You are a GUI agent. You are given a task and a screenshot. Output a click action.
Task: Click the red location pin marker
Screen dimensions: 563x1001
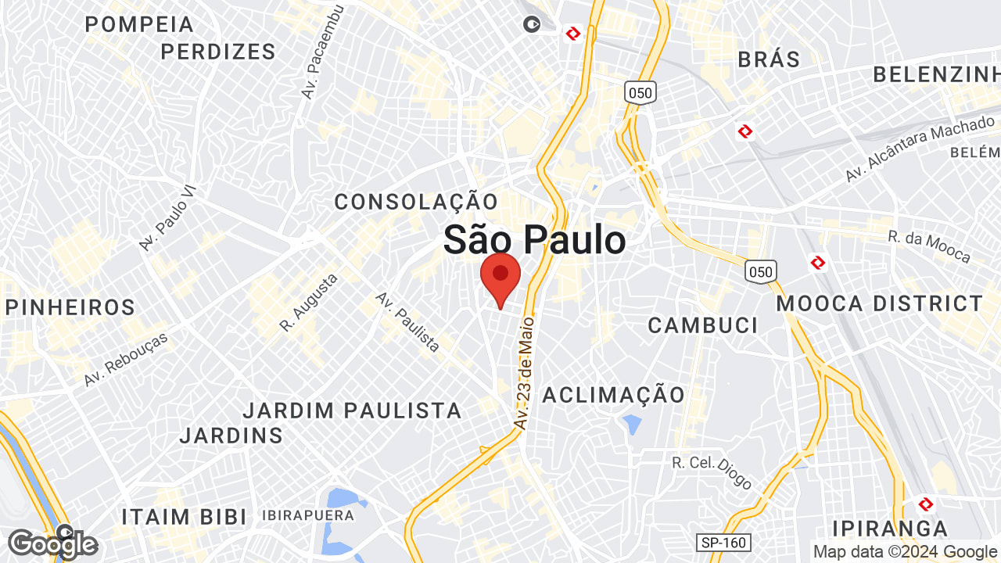point(500,277)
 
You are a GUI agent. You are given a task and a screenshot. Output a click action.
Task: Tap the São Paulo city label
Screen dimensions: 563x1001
point(534,239)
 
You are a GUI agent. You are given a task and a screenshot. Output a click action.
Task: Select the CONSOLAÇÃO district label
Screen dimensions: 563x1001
point(416,202)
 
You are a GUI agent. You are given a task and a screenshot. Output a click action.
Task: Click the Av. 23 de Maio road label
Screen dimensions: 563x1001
point(525,371)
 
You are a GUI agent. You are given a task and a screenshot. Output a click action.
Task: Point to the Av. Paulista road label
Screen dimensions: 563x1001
point(407,321)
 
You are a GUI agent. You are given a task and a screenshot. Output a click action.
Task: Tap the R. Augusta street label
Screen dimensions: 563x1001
point(309,301)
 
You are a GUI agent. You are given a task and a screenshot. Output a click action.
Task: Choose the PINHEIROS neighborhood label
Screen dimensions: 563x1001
point(70,307)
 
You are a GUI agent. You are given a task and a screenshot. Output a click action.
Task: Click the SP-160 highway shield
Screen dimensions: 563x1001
point(723,542)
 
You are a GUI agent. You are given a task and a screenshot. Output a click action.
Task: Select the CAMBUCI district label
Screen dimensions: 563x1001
point(703,325)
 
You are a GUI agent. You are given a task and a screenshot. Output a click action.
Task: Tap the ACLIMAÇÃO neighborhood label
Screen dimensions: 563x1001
point(614,394)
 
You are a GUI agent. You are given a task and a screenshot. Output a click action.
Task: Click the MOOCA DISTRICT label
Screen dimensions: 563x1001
point(880,303)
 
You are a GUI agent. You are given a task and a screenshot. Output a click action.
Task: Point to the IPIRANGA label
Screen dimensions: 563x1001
point(890,528)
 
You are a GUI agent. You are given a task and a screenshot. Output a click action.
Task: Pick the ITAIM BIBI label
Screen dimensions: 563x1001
point(184,517)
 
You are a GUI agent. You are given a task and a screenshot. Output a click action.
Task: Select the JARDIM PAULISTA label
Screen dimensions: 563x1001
point(352,410)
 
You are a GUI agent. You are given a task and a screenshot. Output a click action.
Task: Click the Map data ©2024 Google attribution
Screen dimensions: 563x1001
point(906,551)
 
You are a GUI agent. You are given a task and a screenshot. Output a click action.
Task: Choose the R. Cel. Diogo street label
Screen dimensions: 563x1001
point(712,472)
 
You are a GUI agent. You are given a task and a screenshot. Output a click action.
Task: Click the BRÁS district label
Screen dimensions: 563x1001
point(769,59)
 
